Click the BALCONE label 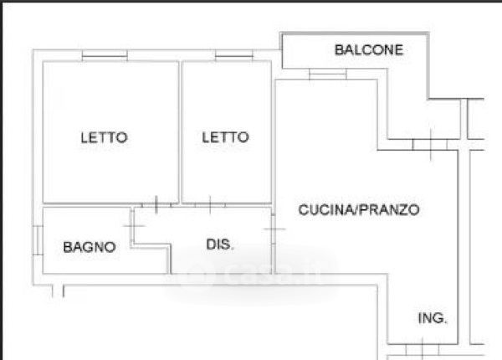(x=368, y=50)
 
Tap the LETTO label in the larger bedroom (x=104, y=137)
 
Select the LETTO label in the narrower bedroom (x=225, y=137)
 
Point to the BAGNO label (x=90, y=247)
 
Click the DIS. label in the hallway (x=220, y=244)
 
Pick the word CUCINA (x=326, y=210)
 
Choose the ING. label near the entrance (x=433, y=318)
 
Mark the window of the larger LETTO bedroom (x=105, y=55)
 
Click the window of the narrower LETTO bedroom (x=234, y=55)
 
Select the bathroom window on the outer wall (x=38, y=240)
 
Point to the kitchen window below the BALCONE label (x=327, y=75)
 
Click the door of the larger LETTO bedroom (x=156, y=204)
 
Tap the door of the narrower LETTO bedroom (x=210, y=204)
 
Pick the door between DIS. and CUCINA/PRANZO (x=274, y=229)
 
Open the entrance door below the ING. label (x=423, y=349)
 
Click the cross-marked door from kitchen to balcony (x=430, y=145)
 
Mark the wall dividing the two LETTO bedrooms (x=180, y=132)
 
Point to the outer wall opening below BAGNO (x=58, y=291)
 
